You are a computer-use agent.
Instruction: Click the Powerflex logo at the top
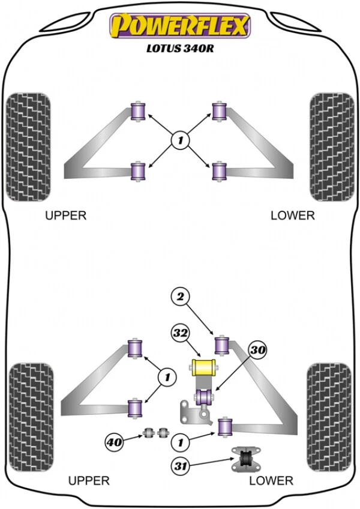pos(179,26)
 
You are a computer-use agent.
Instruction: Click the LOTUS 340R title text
pos(178,50)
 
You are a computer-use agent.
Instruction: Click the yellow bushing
pos(203,366)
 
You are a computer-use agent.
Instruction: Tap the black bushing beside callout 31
pos(244,459)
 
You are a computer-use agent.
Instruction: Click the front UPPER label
pos(66,215)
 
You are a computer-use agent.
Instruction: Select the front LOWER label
pos(292,215)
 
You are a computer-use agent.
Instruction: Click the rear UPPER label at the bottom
pos(89,480)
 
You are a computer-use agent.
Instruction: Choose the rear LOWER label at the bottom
pos(272,480)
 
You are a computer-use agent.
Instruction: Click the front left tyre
pos(27,146)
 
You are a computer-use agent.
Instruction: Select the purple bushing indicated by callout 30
pos(203,397)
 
